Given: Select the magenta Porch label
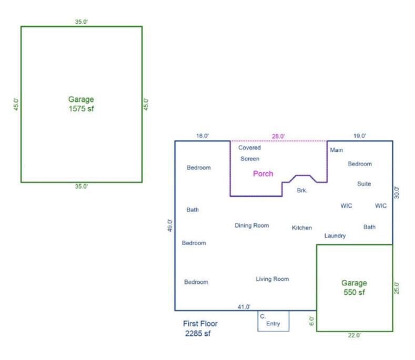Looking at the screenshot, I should click(x=263, y=173).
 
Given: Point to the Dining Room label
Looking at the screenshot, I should click(x=251, y=225).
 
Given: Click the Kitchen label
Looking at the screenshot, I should click(x=302, y=228).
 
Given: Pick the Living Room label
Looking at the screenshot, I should click(x=272, y=279).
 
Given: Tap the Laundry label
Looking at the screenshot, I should click(x=335, y=236).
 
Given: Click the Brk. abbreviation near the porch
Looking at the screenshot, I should click(x=302, y=191).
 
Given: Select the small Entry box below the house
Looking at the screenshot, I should click(x=273, y=321).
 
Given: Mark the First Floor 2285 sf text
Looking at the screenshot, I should click(x=200, y=328).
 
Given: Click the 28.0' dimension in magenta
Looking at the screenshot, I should click(x=278, y=136).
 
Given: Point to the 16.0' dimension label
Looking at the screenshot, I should click(x=203, y=136).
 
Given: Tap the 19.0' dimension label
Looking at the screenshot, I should click(x=360, y=136).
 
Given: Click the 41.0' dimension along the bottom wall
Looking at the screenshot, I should click(x=244, y=306).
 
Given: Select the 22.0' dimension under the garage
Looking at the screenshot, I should click(x=355, y=336).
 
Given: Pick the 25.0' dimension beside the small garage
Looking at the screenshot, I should click(x=397, y=288).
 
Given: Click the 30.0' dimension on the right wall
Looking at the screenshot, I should click(x=397, y=192).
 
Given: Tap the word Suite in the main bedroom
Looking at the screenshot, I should click(x=363, y=184).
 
